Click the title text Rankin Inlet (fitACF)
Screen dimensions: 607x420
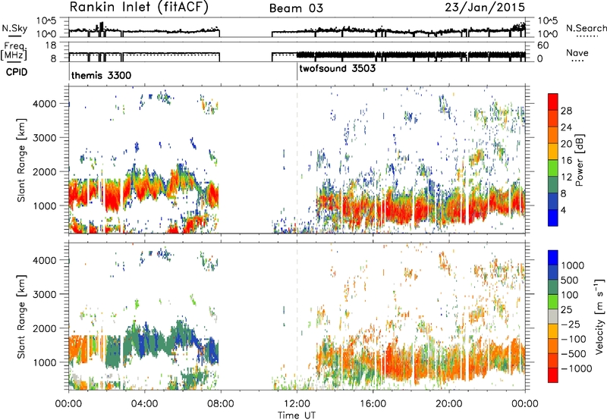[x=139, y=8]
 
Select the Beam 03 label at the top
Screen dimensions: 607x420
[x=296, y=8]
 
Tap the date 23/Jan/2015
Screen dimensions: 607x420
[x=485, y=8]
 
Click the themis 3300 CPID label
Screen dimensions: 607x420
[x=101, y=75]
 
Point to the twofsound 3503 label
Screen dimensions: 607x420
[x=337, y=68]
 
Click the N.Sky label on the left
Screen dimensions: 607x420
[x=14, y=28]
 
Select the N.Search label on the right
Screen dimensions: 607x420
[x=586, y=28]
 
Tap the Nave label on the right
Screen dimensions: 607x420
[x=577, y=53]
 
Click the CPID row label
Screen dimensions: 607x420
[x=17, y=72]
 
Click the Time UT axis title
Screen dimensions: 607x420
[x=297, y=415]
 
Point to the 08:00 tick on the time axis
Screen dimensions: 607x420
[x=221, y=404]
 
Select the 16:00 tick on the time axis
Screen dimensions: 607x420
[x=373, y=404]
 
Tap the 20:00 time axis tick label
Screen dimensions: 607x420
[x=449, y=404]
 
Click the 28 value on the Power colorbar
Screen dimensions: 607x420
[x=566, y=111]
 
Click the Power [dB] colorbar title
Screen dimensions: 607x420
[x=579, y=160]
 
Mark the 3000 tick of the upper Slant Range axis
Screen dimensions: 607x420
[x=46, y=138]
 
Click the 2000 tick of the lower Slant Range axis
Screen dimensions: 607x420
[x=46, y=328]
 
